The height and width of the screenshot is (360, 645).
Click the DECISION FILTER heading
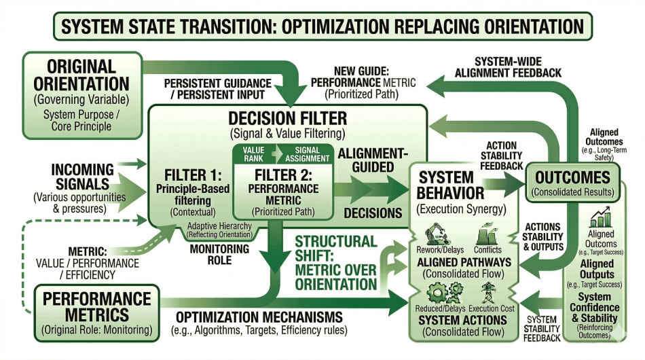288,118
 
